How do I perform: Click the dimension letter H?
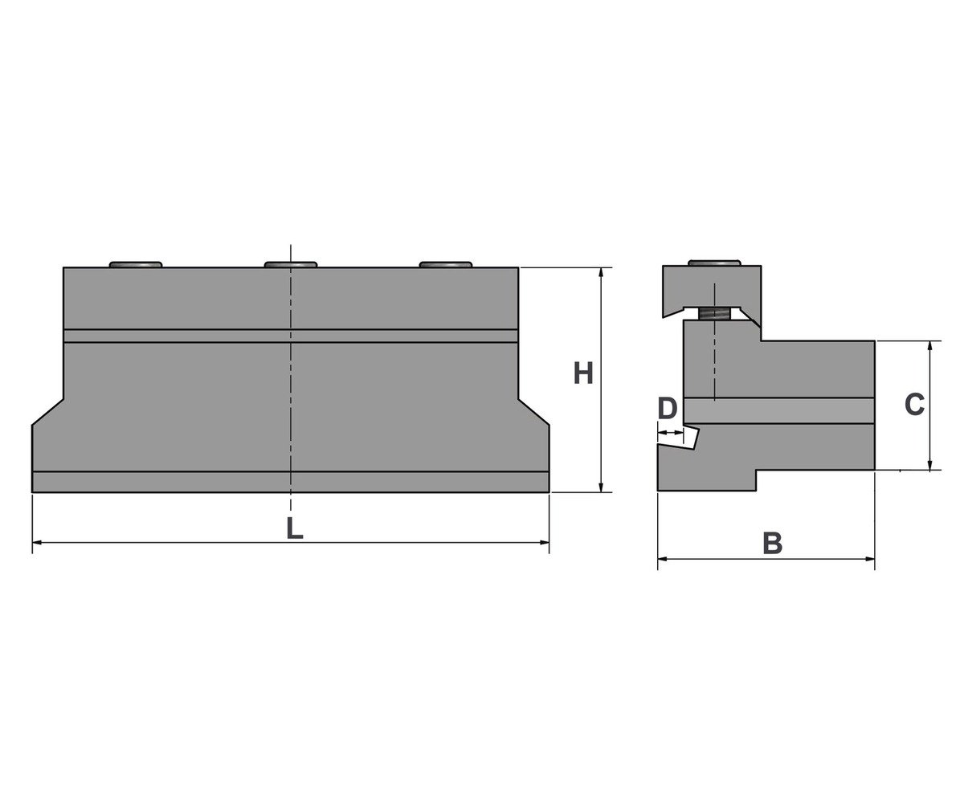pos(583,373)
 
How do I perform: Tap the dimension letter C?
pos(914,404)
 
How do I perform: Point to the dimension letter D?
pos(667,409)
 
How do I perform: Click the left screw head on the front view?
pos(135,264)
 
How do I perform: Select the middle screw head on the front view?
pos(290,264)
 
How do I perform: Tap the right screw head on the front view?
pos(446,264)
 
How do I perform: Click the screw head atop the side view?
pos(714,263)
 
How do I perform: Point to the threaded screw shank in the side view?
pos(714,315)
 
